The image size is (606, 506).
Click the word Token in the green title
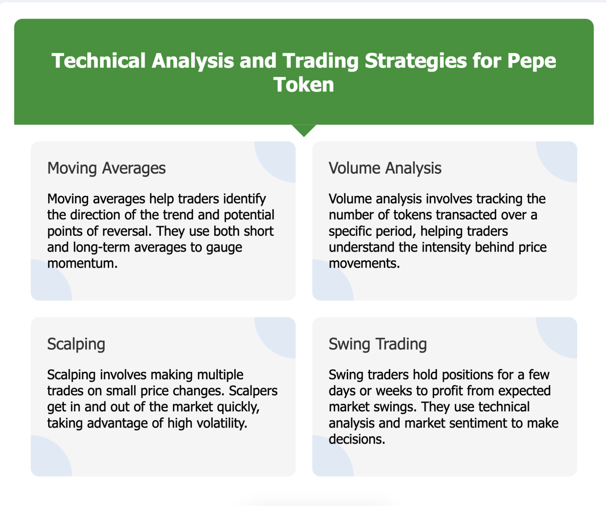click(303, 85)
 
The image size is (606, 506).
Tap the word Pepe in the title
click(532, 61)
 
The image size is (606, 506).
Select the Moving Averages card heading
click(106, 168)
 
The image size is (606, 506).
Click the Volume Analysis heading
click(385, 168)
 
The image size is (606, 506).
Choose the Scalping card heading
click(76, 344)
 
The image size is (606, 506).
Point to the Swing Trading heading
click(378, 344)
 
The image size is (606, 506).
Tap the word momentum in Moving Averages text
click(82, 263)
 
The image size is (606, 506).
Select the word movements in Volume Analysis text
click(364, 263)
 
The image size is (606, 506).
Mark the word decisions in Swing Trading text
click(357, 439)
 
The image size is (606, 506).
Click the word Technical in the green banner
click(99, 61)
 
